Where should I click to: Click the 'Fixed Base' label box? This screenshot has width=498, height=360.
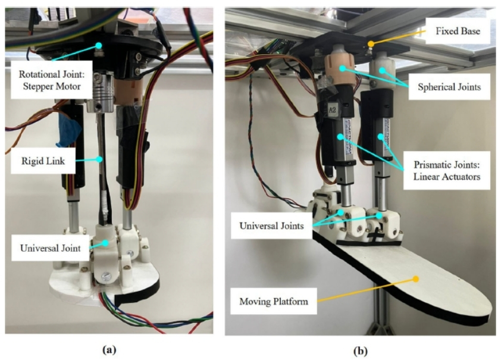pos(458,31)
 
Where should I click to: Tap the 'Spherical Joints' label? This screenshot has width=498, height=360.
pos(449,87)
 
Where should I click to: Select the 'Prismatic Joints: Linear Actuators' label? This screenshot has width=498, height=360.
pos(447,171)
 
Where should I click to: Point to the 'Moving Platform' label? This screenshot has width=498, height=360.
pos(274,301)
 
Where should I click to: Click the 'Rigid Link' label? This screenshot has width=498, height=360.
pos(43,161)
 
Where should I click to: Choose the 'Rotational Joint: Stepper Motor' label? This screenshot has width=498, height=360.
pos(51,80)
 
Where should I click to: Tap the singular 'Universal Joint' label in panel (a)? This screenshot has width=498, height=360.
pos(50,248)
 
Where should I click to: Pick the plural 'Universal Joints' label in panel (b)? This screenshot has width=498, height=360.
pos(271,226)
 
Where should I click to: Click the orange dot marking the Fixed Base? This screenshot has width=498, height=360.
pos(371,44)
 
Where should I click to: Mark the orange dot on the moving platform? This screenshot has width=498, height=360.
pos(415,279)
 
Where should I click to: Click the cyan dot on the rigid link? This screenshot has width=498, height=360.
pos(100,159)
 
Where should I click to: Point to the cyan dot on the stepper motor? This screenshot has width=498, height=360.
pos(99,46)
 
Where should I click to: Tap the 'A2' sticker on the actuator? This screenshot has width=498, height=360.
pos(332,110)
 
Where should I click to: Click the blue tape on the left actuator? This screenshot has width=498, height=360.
pos(68,130)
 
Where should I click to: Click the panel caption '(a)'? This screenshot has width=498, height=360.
pos(109,350)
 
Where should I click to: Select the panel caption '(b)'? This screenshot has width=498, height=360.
pos(361,351)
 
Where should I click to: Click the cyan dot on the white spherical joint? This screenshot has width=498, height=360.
pos(383,71)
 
